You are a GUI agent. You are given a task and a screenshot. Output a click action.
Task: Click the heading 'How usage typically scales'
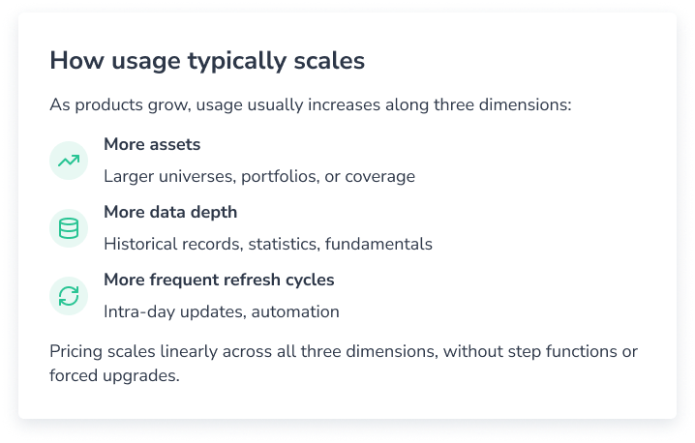(207, 61)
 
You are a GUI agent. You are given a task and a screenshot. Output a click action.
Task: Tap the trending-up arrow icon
(69, 161)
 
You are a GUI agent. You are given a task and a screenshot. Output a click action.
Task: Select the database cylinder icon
(69, 228)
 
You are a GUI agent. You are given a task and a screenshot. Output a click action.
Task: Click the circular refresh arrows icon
(69, 296)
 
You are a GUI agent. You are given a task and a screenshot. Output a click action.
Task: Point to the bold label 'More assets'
(152, 145)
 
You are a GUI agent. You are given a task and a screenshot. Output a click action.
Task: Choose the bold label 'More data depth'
(170, 213)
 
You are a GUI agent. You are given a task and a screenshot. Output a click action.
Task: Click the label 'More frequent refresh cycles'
(219, 281)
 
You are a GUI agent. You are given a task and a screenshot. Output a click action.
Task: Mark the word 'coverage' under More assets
(379, 177)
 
